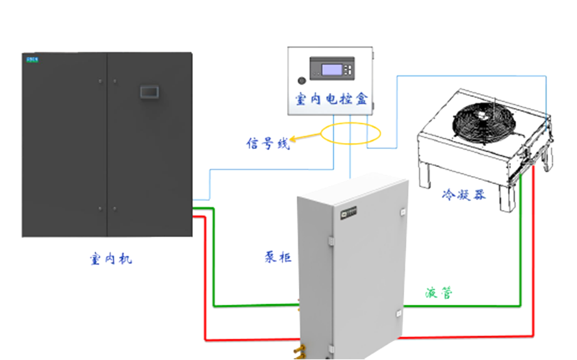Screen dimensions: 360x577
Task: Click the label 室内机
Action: click(x=110, y=259)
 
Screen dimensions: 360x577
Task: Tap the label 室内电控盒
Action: click(x=330, y=99)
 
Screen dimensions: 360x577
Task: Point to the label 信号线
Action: click(x=267, y=144)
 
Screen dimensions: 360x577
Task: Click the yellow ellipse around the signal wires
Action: click(x=350, y=134)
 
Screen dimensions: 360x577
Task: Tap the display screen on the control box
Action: click(x=329, y=67)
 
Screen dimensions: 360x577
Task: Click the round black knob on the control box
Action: click(x=302, y=81)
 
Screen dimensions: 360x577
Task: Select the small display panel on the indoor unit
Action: click(x=150, y=92)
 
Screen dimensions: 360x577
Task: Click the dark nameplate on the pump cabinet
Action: click(x=350, y=211)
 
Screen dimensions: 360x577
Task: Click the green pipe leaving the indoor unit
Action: click(x=213, y=260)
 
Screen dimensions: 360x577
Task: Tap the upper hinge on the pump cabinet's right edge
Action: click(x=404, y=212)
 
